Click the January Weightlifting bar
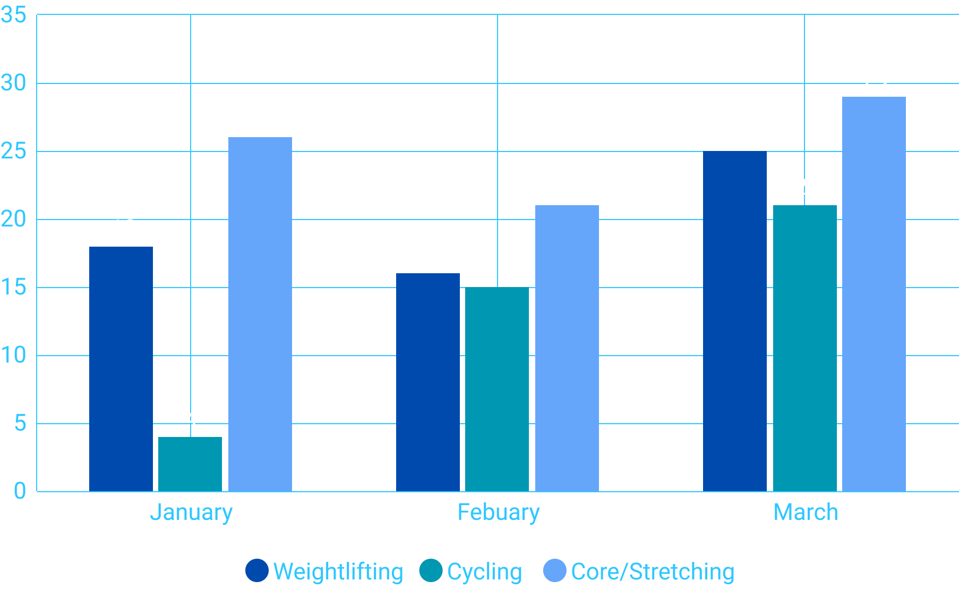[121, 369]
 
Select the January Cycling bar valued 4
[190, 464]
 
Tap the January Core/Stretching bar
[260, 314]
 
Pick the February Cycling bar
[497, 389]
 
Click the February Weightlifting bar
[428, 382]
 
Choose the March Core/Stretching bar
[874, 294]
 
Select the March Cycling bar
[805, 348]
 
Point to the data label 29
[876, 79]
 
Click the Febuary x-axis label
[498, 512]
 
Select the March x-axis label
[806, 512]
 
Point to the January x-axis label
[191, 512]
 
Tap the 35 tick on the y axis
[14, 15]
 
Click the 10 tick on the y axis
[14, 355]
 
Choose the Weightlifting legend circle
[257, 571]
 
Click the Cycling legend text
[484, 572]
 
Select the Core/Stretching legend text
[653, 572]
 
